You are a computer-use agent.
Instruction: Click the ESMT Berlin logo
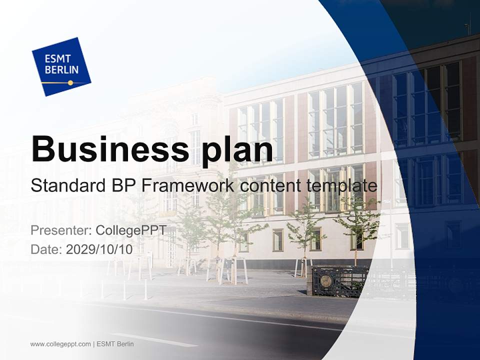pos(61,66)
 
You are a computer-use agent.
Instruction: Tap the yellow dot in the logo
pos(70,82)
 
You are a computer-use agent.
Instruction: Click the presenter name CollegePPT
pos(130,230)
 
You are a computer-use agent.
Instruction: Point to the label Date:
pos(46,249)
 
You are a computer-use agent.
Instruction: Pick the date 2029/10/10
pos(99,249)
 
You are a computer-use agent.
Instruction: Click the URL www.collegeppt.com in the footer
pos(60,344)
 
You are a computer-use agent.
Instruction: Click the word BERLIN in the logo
pos(61,70)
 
